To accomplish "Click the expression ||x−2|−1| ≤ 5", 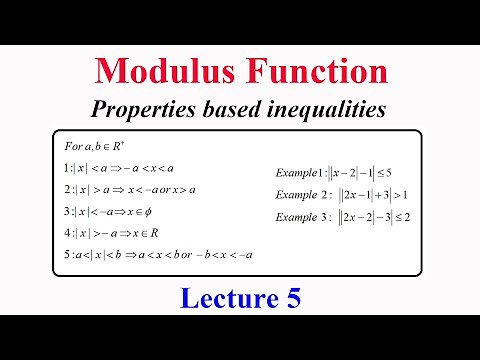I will (x=368, y=172).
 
